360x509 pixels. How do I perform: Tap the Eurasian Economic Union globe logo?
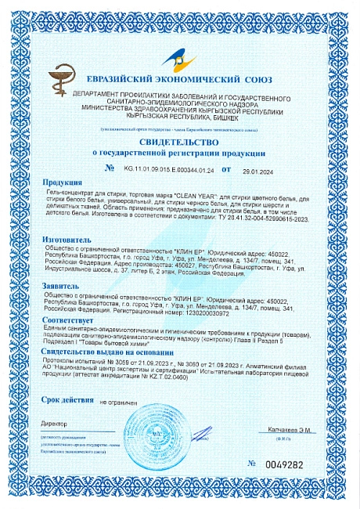[178, 58]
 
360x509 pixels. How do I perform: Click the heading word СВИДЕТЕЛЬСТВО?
[178, 143]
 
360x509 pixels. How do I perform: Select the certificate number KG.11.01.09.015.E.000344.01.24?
[167, 168]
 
